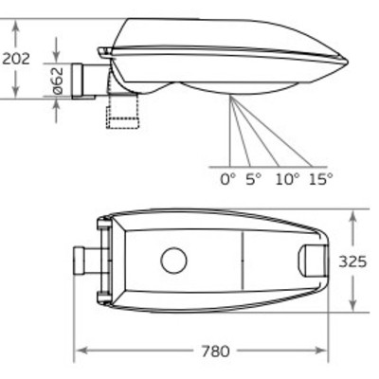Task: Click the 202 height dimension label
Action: pyautogui.click(x=16, y=59)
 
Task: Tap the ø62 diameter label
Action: pyautogui.click(x=58, y=81)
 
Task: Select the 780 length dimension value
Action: pyautogui.click(x=215, y=352)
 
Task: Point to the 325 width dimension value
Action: pyautogui.click(x=352, y=262)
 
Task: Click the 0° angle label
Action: pyautogui.click(x=228, y=180)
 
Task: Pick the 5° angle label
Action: pyautogui.click(x=254, y=180)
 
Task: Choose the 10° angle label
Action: pyautogui.click(x=287, y=180)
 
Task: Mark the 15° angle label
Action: pyautogui.click(x=321, y=180)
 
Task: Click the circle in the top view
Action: pyautogui.click(x=173, y=261)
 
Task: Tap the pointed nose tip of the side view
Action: pyautogui.click(x=348, y=62)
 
